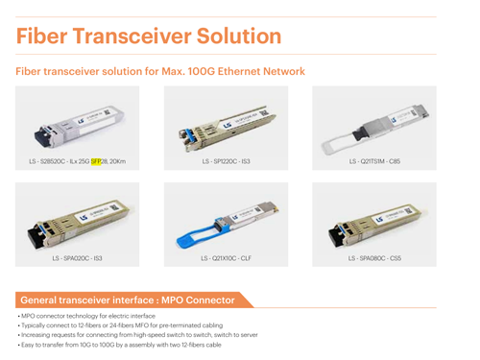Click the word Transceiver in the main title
click(132, 36)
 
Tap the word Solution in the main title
click(239, 36)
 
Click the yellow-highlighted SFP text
click(96, 161)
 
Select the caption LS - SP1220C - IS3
click(226, 161)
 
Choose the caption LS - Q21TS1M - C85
click(374, 161)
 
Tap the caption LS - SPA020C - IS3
click(77, 258)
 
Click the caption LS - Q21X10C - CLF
click(226, 258)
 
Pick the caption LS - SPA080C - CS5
click(374, 258)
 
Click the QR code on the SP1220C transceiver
click(264, 112)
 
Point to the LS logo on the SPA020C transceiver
click(84, 218)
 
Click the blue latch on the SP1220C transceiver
click(187, 136)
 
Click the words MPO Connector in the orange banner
click(198, 300)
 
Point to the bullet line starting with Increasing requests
click(138, 335)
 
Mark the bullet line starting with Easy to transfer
click(120, 345)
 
